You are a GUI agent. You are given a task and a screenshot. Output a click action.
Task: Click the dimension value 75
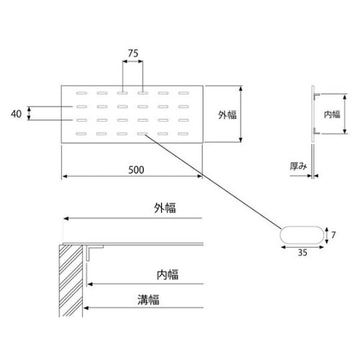click(133, 53)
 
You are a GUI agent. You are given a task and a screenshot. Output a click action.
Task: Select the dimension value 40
click(16, 114)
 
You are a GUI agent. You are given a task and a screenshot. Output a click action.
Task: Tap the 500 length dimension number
click(136, 170)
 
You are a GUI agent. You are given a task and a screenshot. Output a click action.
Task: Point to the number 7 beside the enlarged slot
click(333, 235)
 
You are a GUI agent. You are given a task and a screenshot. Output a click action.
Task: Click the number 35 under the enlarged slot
click(302, 253)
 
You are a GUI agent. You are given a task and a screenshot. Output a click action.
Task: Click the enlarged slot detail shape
click(302, 235)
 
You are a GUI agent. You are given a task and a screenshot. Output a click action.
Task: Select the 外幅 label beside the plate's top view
click(228, 114)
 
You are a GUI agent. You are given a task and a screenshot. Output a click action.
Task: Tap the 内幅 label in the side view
click(332, 114)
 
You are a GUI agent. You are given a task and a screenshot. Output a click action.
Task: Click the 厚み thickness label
click(298, 166)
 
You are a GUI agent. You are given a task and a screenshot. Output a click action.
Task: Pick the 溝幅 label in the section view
click(148, 300)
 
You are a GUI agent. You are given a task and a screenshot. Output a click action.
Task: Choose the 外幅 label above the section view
click(165, 208)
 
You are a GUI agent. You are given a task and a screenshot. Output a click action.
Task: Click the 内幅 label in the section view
click(168, 274)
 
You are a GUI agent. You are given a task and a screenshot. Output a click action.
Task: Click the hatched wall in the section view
click(71, 281)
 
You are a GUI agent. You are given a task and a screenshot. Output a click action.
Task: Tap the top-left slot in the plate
click(81, 93)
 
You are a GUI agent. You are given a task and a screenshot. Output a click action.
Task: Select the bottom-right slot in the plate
click(184, 134)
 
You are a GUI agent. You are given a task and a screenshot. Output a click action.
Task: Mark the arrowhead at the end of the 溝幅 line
click(86, 307)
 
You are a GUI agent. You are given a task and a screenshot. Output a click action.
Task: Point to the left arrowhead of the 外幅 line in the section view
click(66, 218)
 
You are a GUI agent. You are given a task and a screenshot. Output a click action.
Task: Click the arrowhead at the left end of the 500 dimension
click(65, 176)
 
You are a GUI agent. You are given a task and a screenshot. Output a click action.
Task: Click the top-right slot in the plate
click(184, 93)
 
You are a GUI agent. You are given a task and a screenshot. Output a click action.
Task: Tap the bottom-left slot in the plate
click(81, 134)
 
